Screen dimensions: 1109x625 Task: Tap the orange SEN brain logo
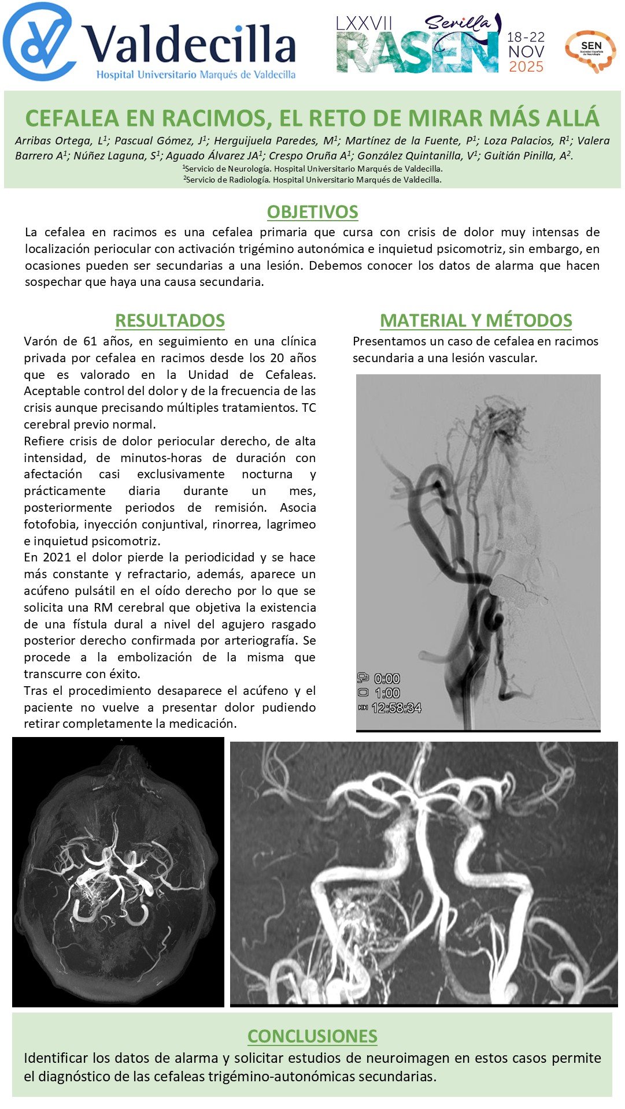coord(590,51)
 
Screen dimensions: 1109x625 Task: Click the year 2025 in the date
coord(526,67)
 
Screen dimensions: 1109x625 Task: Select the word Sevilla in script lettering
coord(458,23)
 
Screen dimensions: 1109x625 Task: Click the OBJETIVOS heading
coord(312,212)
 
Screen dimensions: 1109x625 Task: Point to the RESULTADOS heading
coord(170,321)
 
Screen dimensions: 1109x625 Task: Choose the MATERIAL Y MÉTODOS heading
coord(476,321)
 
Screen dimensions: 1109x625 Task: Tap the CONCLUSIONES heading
coord(312,1036)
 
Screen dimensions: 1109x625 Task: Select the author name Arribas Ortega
coord(56,141)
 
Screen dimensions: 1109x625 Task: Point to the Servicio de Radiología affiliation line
coord(312,180)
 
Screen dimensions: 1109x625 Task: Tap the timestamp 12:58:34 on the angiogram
coord(396,708)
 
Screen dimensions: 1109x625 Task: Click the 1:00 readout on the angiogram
coord(387,693)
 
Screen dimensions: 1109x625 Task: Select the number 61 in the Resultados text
coord(90,341)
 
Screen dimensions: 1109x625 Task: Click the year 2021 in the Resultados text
coord(57,557)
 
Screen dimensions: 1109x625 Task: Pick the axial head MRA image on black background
coord(118,872)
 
